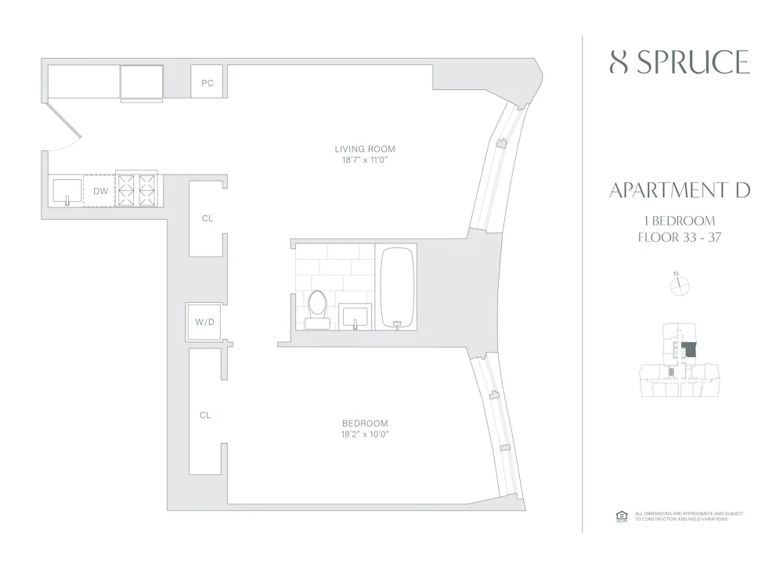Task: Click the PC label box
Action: coord(207,82)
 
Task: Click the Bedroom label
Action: coord(364,423)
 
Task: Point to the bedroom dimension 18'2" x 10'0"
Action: coord(364,434)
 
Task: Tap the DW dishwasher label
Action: coord(100,191)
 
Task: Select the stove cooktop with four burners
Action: coord(136,189)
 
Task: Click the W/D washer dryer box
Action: coord(205,321)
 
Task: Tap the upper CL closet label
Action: coord(207,219)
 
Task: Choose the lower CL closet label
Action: coord(205,416)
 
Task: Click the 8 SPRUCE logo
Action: coord(679,62)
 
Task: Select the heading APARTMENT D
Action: coord(679,190)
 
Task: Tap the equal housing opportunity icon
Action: coord(622,516)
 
